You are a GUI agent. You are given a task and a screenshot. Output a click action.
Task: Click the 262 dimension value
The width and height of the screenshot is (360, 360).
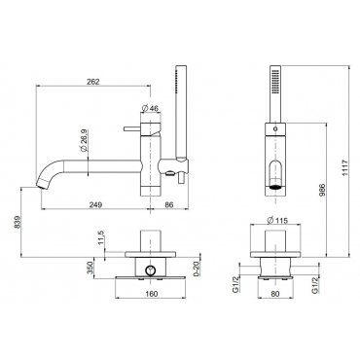pyautogui.click(x=93, y=82)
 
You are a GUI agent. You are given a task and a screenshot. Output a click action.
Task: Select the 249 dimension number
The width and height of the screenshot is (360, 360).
pyautogui.click(x=95, y=204)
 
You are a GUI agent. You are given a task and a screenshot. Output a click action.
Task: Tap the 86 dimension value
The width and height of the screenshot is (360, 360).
pyautogui.click(x=169, y=204)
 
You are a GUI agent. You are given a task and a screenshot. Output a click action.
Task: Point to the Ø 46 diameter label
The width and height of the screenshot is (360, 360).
pyautogui.click(x=151, y=108)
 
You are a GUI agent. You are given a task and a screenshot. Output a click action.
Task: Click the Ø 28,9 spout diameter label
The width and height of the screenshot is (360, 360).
pyautogui.click(x=83, y=141)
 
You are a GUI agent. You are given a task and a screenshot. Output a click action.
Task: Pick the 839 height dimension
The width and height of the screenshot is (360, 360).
pyautogui.click(x=18, y=222)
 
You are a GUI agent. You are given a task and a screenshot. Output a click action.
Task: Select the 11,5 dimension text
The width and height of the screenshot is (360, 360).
pyautogui.click(x=100, y=237)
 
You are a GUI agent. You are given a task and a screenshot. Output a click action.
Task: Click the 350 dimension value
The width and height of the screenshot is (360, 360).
pyautogui.click(x=90, y=268)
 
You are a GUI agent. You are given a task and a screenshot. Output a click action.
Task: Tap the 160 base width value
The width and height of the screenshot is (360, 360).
pyautogui.click(x=151, y=294)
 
